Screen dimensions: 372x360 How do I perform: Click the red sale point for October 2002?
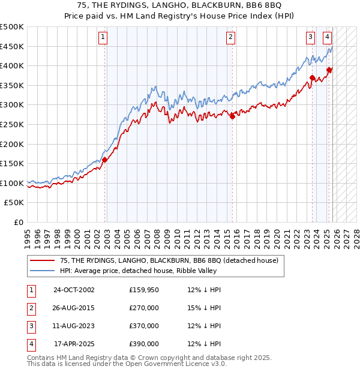pos(104,160)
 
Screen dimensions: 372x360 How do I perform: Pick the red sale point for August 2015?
pos(232,116)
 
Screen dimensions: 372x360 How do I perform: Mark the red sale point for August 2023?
pos(313,77)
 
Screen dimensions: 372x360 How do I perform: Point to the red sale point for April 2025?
pos(329,70)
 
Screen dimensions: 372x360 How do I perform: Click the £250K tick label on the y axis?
pos(12,124)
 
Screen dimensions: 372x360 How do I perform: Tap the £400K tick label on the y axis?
pos(12,66)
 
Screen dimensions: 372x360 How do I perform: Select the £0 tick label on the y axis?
pos(18,222)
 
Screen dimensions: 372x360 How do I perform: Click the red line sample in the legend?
pos(42,261)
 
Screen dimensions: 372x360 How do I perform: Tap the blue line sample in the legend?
pos(42,271)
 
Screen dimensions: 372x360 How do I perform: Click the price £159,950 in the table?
pos(144,290)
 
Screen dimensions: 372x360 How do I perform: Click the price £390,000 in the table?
pos(144,344)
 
